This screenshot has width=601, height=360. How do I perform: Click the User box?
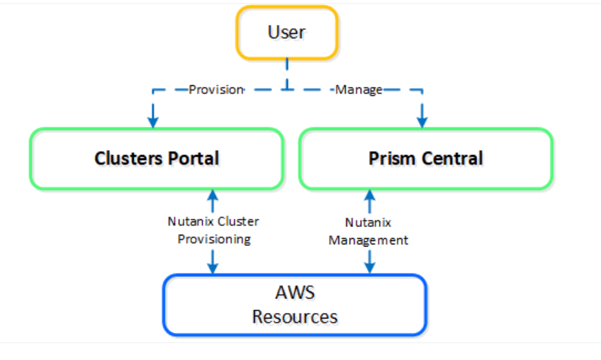(286, 32)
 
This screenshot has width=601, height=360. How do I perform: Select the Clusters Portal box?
(156, 159)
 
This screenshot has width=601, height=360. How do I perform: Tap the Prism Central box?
(425, 159)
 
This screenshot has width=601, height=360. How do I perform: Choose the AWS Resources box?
(294, 305)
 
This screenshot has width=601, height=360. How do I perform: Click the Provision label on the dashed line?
(216, 89)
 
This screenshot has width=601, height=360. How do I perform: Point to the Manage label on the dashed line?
(359, 89)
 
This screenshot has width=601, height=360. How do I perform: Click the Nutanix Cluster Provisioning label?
(213, 231)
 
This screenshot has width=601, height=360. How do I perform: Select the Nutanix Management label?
(368, 231)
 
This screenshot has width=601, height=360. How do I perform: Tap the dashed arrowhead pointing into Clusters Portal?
(153, 121)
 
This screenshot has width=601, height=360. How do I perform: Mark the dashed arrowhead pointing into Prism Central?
(422, 121)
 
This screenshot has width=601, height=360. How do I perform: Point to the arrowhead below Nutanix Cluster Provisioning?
(213, 267)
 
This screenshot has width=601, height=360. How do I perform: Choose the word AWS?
(294, 292)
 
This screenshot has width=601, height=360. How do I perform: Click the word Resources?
(294, 317)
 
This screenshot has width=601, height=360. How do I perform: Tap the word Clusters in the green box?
(125, 159)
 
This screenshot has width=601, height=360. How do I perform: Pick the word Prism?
(389, 159)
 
